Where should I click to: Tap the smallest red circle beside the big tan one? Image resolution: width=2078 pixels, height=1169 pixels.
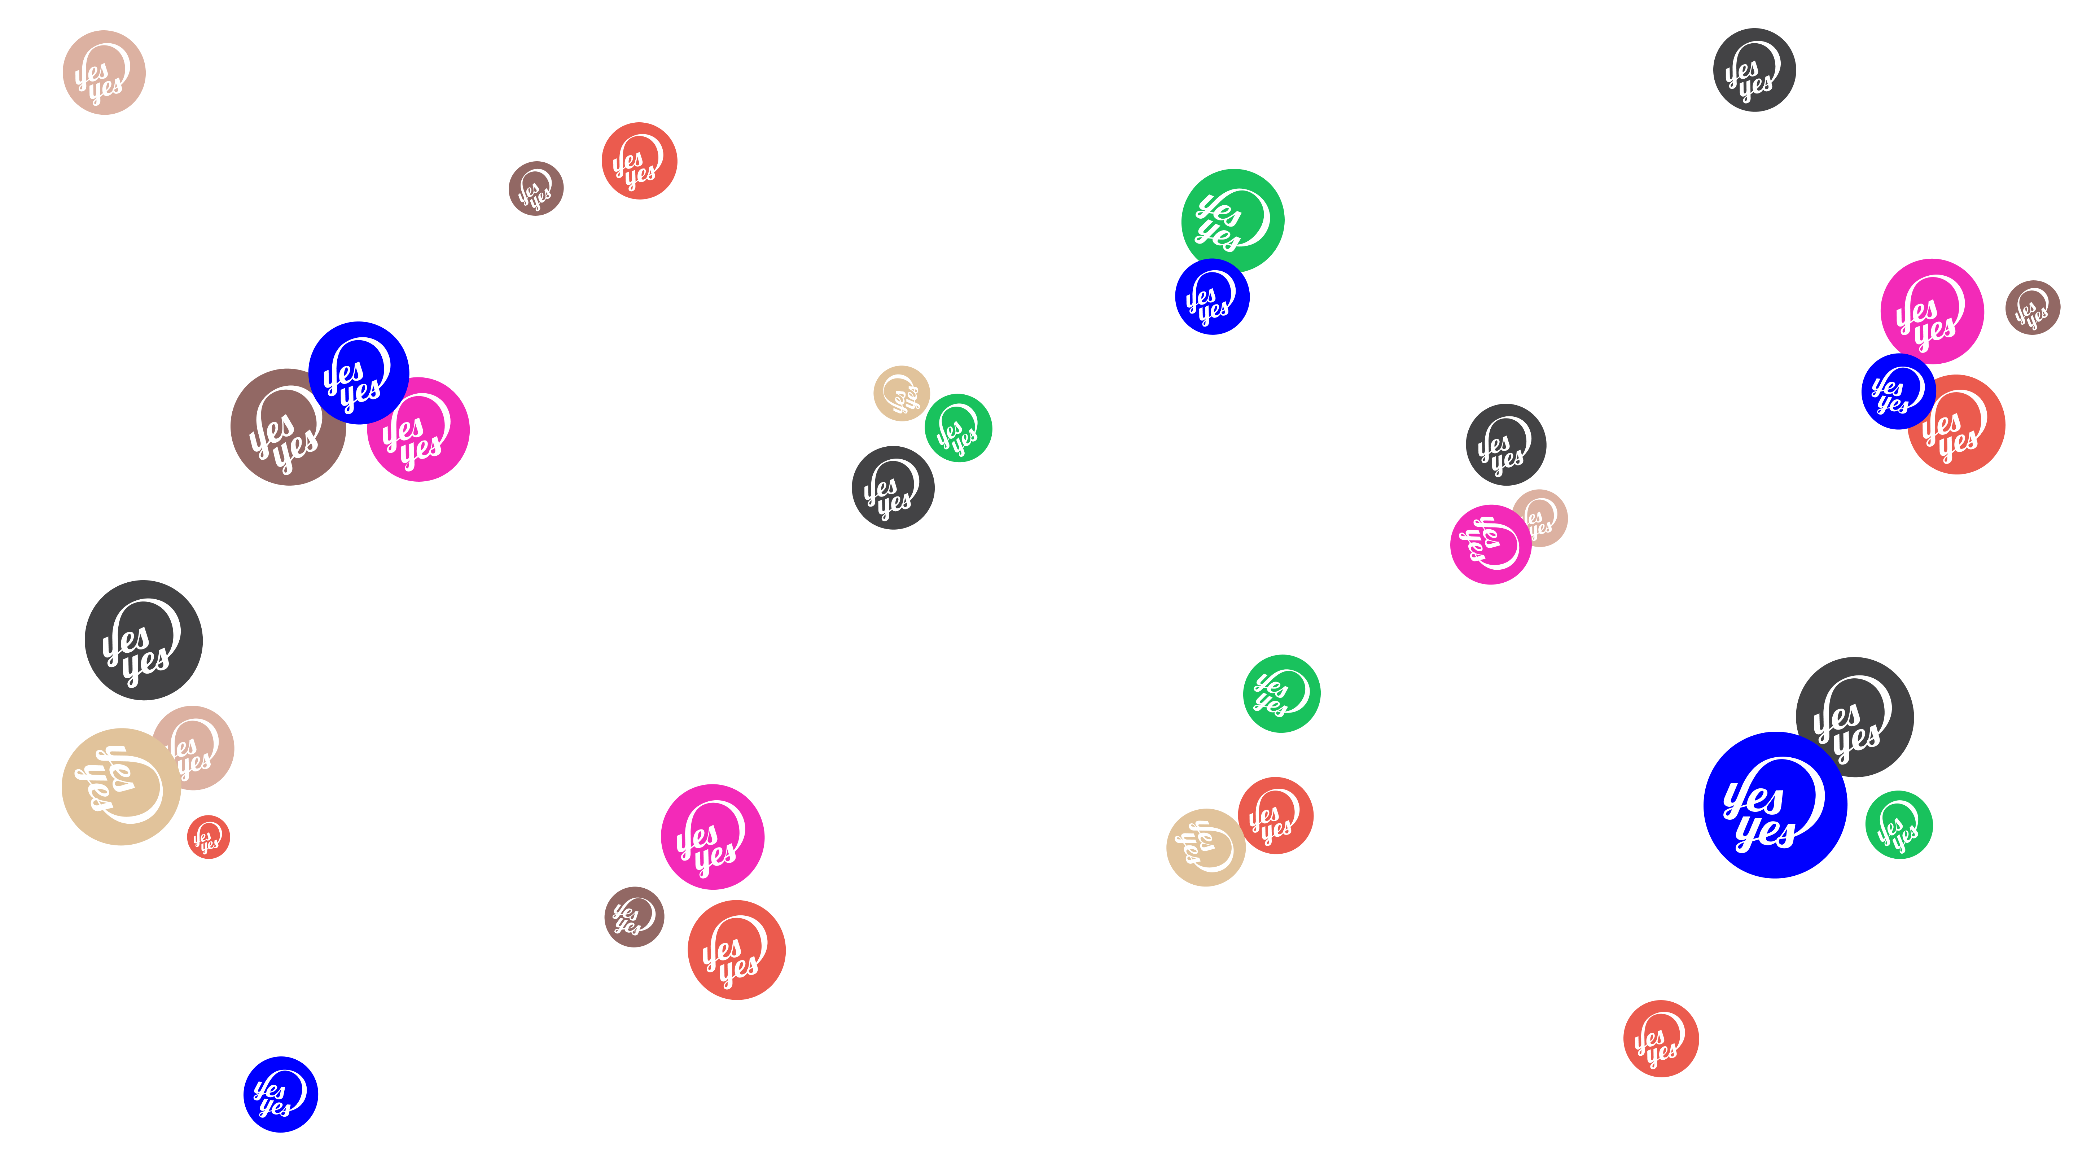[x=208, y=837]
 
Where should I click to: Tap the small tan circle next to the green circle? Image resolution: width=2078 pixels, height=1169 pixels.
[x=901, y=393]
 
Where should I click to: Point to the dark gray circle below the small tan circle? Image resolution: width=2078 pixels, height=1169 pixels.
[x=893, y=488]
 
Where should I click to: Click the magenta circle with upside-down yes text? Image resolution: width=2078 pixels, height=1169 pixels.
[x=1490, y=544]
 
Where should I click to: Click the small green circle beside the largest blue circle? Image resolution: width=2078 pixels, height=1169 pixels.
[x=1899, y=824]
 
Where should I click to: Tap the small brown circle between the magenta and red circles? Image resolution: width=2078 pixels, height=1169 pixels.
[x=634, y=916]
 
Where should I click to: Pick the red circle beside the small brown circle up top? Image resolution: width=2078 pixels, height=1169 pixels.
[x=639, y=161]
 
